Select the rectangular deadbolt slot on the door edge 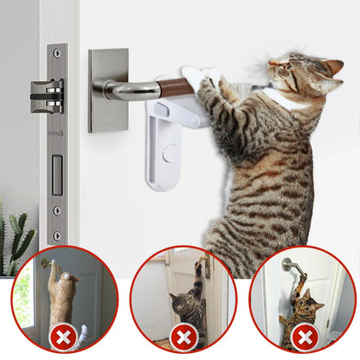coord(56,174)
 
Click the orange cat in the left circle coord(61,294)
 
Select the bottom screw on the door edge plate coord(57,235)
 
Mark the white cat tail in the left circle coord(80,332)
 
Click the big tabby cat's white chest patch coord(281,100)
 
